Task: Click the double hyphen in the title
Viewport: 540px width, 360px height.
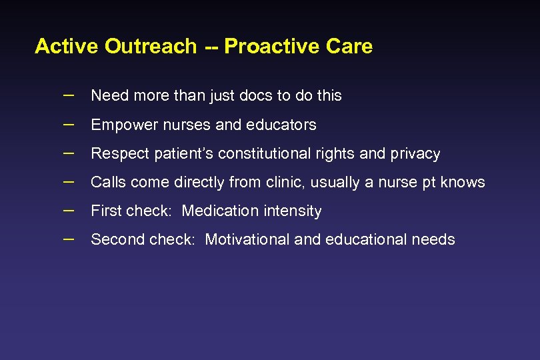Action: (211, 47)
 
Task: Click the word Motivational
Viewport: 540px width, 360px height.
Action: (247, 240)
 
